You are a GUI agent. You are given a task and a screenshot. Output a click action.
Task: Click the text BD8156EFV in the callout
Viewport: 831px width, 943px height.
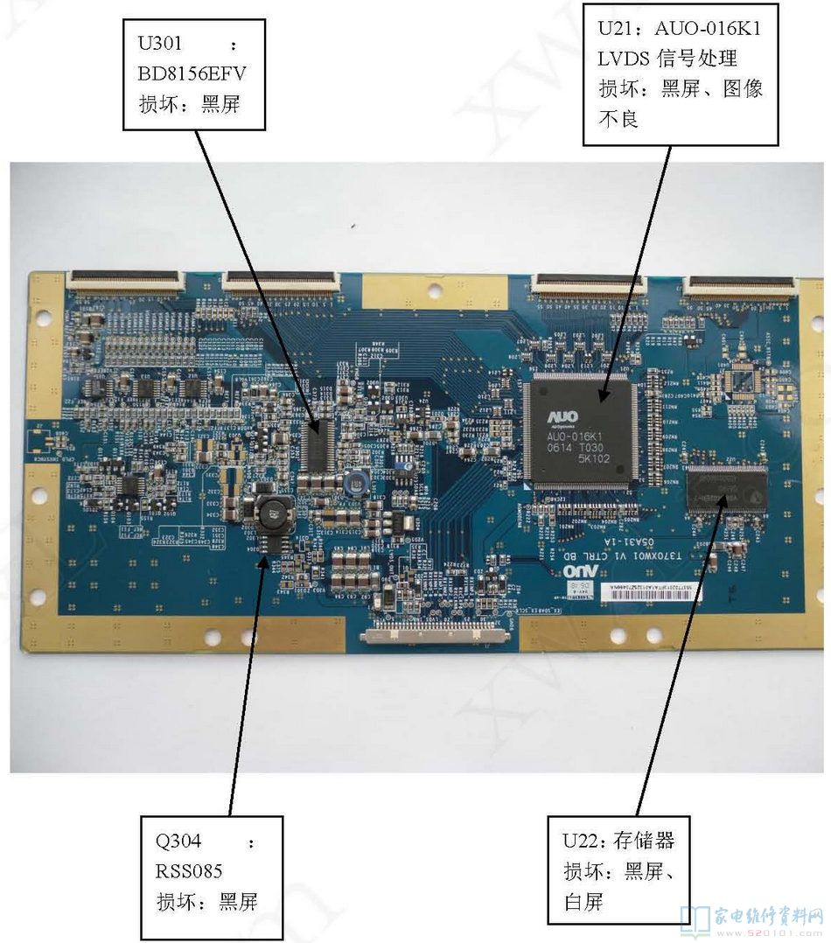[192, 73]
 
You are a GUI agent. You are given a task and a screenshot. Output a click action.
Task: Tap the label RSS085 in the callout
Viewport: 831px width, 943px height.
[189, 871]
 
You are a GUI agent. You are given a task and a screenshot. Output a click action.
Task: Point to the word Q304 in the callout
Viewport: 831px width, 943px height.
[178, 842]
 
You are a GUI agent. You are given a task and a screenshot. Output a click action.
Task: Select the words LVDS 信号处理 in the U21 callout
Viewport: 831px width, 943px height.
[667, 59]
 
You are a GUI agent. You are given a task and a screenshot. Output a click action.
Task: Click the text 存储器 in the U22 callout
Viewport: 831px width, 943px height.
[643, 842]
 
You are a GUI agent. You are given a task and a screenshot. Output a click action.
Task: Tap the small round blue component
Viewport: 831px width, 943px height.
[356, 480]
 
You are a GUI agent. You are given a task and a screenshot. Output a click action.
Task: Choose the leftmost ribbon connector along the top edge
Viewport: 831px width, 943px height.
[126, 280]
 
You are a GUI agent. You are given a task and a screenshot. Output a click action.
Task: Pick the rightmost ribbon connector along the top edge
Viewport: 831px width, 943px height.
[742, 283]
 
